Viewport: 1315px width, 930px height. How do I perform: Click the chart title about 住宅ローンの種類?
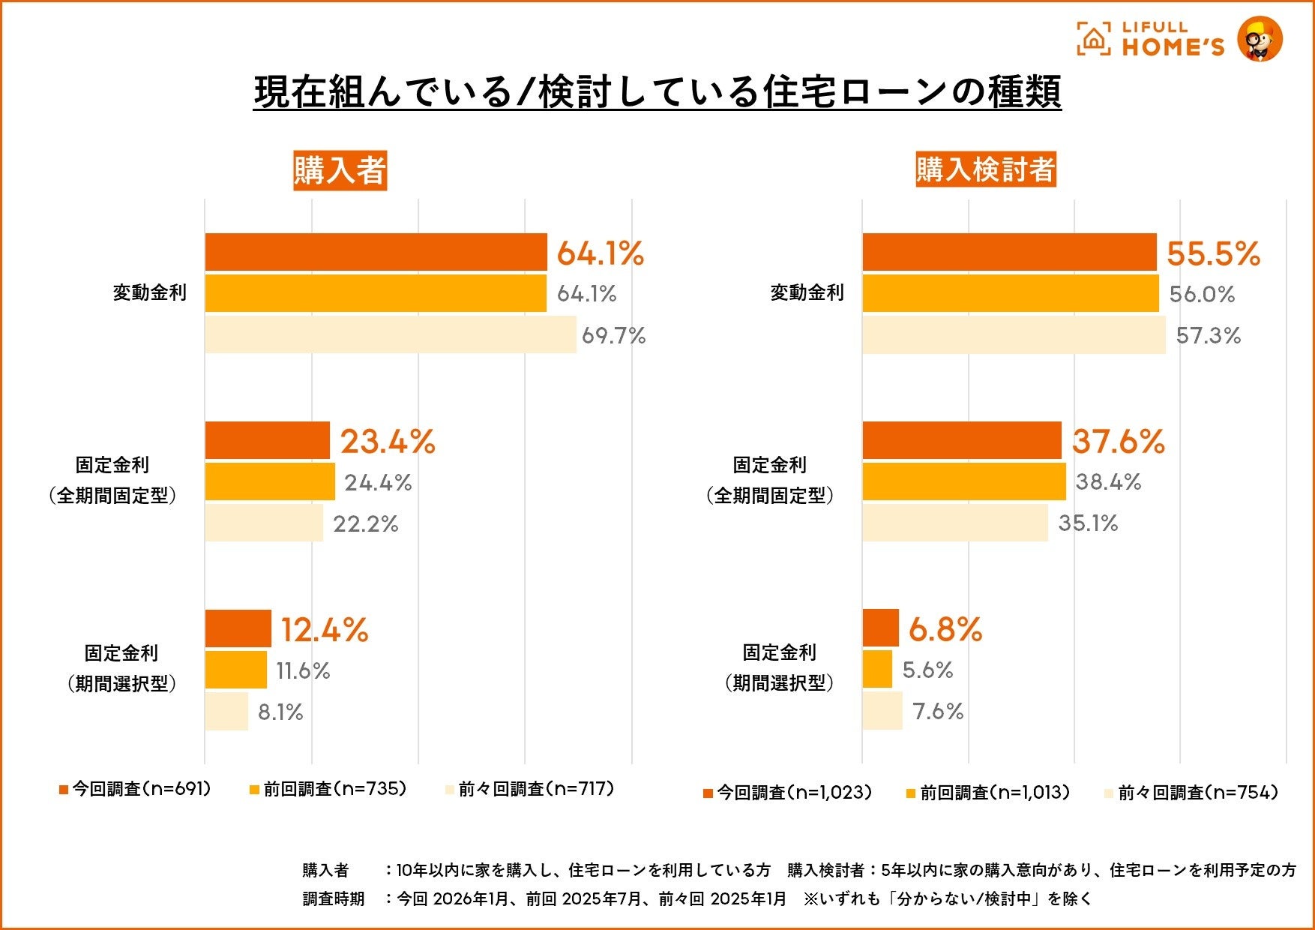click(657, 92)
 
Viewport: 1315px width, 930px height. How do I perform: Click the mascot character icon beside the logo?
click(1260, 39)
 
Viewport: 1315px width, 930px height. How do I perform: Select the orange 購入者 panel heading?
click(340, 170)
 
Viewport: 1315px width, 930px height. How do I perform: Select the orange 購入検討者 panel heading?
click(985, 169)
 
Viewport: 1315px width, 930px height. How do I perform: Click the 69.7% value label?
click(613, 335)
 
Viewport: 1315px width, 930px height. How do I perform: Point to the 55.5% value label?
click(1213, 253)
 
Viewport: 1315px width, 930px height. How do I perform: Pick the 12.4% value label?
click(324, 629)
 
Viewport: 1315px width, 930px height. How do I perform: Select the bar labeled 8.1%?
click(226, 711)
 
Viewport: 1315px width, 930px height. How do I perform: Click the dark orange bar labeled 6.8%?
click(880, 628)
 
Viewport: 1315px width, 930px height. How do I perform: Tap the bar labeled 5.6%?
click(877, 669)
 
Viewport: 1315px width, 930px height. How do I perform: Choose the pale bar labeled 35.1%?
click(954, 523)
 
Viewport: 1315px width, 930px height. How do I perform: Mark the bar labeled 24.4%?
click(270, 481)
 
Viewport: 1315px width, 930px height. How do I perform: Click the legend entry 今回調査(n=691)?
click(135, 789)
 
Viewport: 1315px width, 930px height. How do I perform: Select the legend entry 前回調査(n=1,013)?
click(988, 793)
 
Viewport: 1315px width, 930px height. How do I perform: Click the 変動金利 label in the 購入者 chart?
click(149, 292)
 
